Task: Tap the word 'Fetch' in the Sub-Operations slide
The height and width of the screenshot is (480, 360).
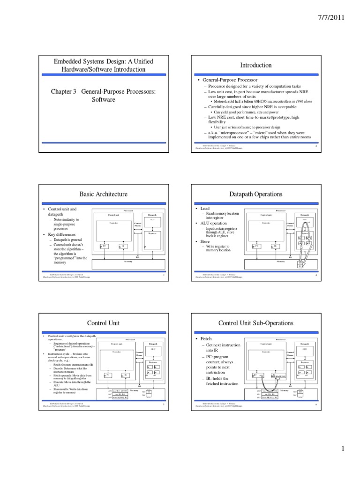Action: (206, 338)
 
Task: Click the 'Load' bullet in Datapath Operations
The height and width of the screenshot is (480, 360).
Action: (205, 209)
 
